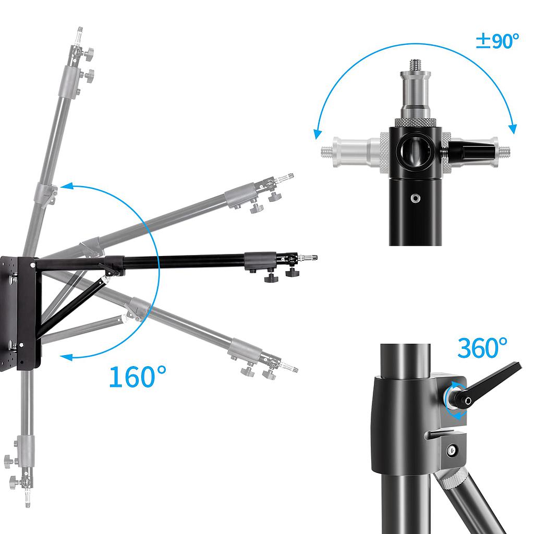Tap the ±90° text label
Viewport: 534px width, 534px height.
click(x=497, y=41)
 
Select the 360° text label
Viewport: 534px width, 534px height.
click(x=482, y=348)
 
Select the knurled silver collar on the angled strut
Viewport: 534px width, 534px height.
click(x=451, y=477)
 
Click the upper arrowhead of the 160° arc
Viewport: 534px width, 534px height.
click(x=64, y=186)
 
